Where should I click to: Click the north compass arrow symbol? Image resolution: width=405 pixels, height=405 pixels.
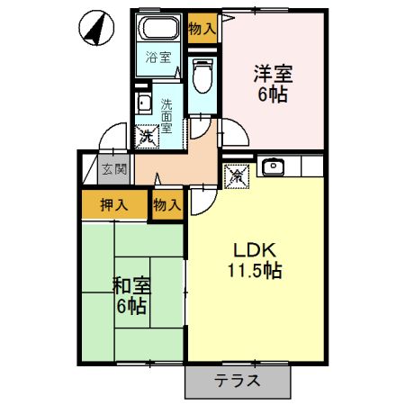click(x=94, y=27)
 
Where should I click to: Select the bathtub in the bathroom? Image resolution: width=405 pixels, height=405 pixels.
click(x=160, y=29)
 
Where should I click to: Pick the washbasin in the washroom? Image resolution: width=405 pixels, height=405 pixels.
click(x=145, y=101)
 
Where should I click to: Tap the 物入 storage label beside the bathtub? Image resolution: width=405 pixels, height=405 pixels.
click(x=202, y=28)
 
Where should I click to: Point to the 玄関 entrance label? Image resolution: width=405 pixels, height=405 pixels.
click(x=113, y=168)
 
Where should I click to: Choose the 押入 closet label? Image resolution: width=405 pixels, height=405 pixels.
click(x=113, y=204)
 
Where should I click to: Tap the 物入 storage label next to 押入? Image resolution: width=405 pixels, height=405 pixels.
click(x=166, y=204)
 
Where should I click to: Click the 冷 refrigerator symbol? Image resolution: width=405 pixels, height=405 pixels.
click(x=237, y=175)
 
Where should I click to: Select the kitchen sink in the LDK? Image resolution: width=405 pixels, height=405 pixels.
click(x=273, y=166)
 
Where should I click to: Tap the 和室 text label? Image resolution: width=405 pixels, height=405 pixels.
click(x=131, y=287)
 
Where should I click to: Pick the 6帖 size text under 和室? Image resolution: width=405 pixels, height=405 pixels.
click(x=131, y=306)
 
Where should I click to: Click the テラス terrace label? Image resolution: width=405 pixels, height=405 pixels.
click(x=238, y=381)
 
